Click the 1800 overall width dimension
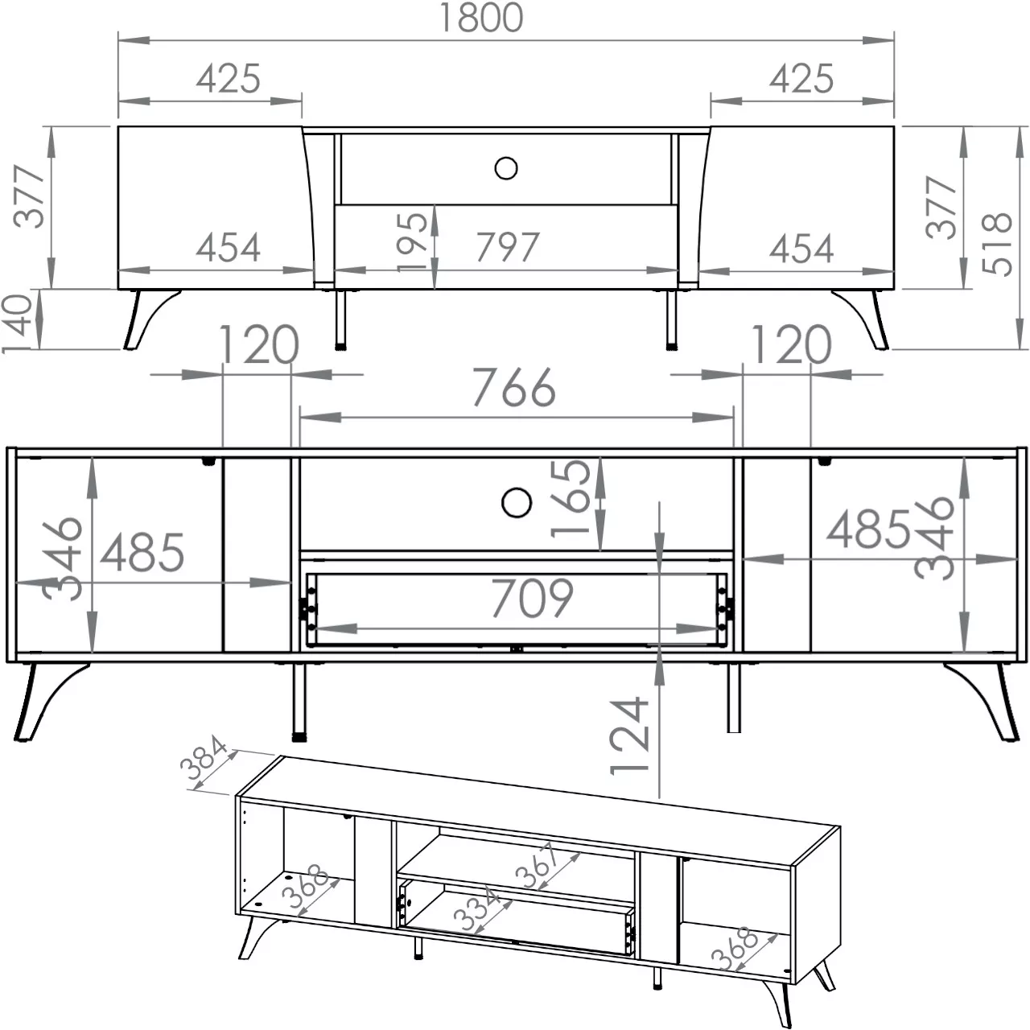[x=480, y=19]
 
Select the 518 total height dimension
[x=997, y=244]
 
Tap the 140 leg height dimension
[x=17, y=324]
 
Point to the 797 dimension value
[x=507, y=247]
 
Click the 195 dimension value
[x=413, y=241]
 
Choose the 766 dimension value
[x=514, y=388]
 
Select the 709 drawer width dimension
[x=532, y=598]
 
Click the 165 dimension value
[x=571, y=499]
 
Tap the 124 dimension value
[x=629, y=735]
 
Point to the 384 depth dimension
[x=204, y=757]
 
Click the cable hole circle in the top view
[x=505, y=168]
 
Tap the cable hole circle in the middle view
[x=517, y=502]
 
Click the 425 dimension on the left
[x=229, y=79]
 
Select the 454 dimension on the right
[x=801, y=248]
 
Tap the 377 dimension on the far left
[x=30, y=196]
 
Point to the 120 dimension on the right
[x=791, y=344]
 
